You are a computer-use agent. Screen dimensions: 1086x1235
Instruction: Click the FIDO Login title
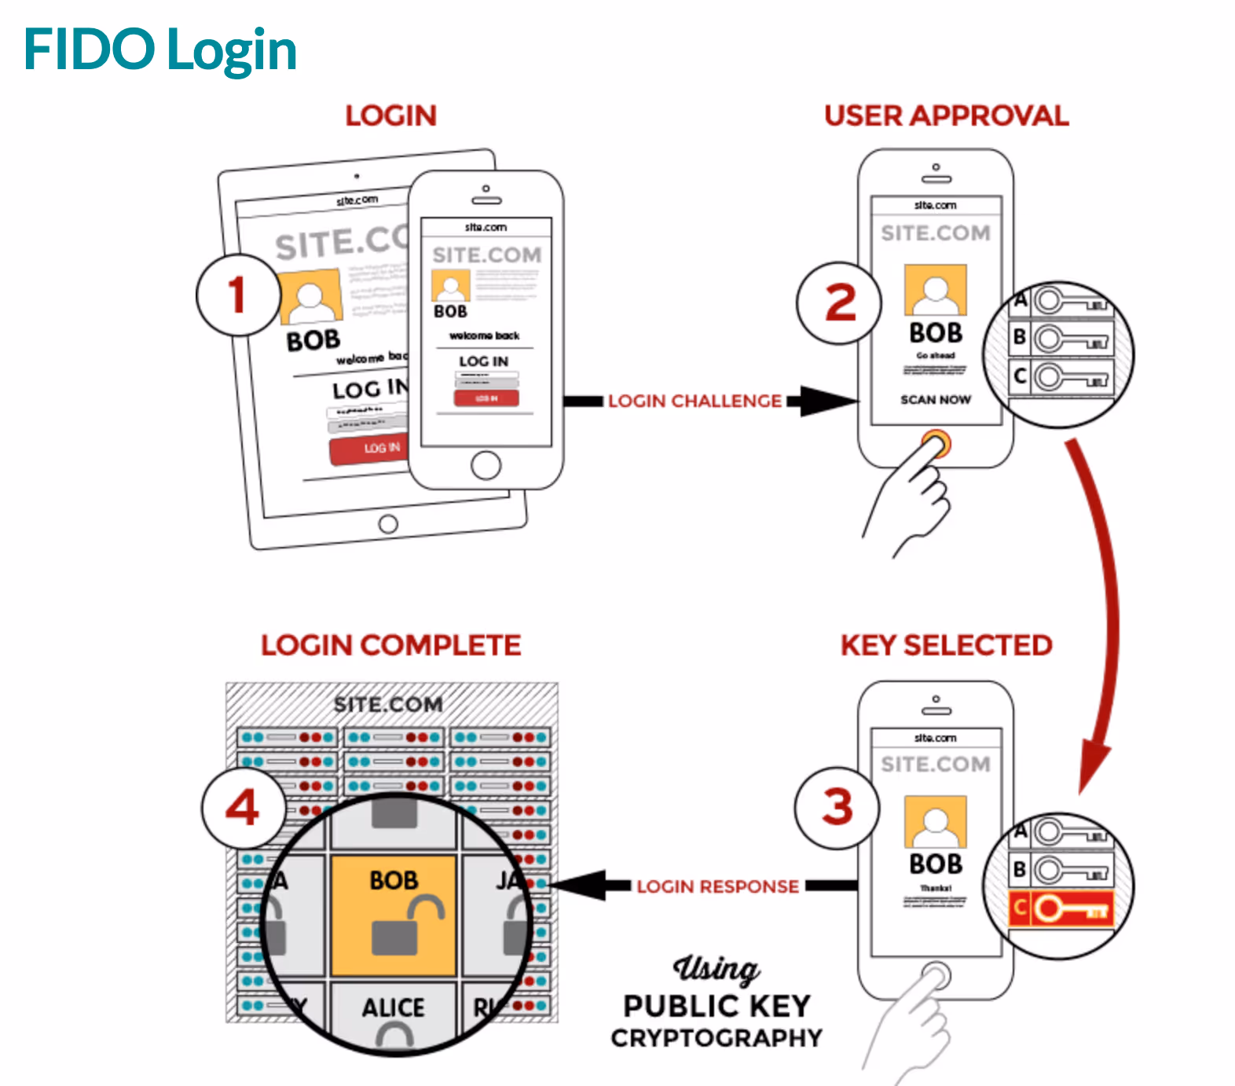pos(160,50)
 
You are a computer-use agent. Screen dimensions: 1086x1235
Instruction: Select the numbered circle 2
pos(839,303)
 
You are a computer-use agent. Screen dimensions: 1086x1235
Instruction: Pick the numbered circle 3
pos(837,808)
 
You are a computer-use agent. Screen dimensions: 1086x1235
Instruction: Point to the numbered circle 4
pos(243,807)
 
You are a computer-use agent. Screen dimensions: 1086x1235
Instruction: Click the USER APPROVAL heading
pos(946,116)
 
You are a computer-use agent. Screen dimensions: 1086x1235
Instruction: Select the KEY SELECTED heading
pos(946,645)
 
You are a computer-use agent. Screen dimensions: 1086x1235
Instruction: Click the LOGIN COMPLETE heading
pos(390,645)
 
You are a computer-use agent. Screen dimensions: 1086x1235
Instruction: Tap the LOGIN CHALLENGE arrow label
pos(694,401)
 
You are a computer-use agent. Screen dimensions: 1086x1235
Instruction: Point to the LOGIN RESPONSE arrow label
pos(717,886)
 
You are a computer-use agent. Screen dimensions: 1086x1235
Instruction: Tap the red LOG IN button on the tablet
pos(371,449)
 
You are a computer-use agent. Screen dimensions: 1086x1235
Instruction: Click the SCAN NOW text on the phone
pos(935,400)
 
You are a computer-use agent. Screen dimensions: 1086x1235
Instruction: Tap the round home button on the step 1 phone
pos(486,465)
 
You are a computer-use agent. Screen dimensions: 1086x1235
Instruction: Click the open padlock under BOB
pos(405,927)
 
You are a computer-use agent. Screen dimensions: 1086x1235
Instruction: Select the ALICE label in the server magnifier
pos(393,1007)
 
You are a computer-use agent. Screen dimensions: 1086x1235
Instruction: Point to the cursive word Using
pos(716,969)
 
